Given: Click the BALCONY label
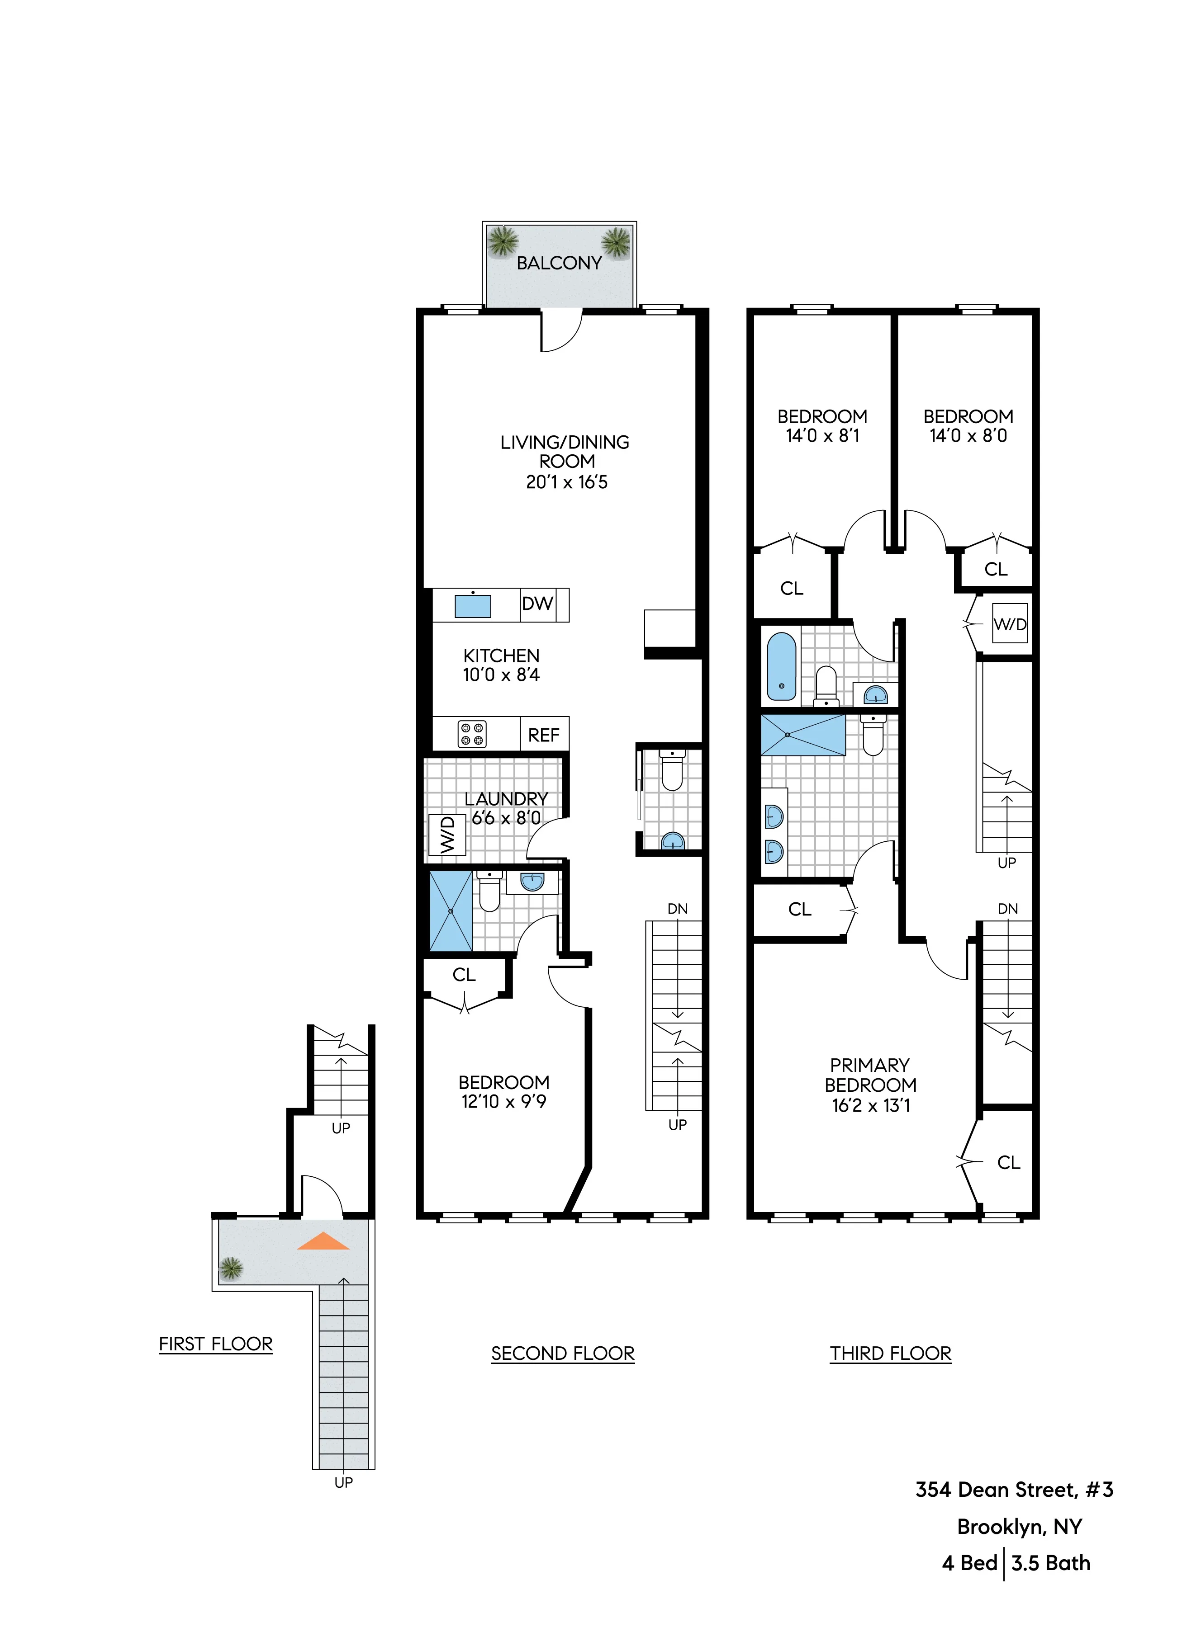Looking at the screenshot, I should point(559,264).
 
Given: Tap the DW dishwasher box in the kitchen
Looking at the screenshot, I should point(537,604).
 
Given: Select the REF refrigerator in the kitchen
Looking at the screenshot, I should point(543,735).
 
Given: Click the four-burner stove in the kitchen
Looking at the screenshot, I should point(472,734).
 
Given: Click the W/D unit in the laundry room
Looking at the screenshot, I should point(447,835).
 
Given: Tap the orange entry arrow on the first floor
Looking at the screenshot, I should point(323,1241).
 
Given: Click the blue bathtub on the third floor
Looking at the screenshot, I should point(782,666).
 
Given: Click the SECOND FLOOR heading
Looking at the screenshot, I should point(563,1354).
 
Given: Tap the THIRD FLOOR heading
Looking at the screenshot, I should point(891,1354).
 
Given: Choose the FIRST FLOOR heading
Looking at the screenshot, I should point(216,1344).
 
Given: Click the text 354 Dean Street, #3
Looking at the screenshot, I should point(1014,1490).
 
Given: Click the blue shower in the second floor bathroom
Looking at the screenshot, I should point(451,911).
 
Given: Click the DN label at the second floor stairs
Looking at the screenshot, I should point(677,909).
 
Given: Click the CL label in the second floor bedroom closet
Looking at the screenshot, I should point(464,975).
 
